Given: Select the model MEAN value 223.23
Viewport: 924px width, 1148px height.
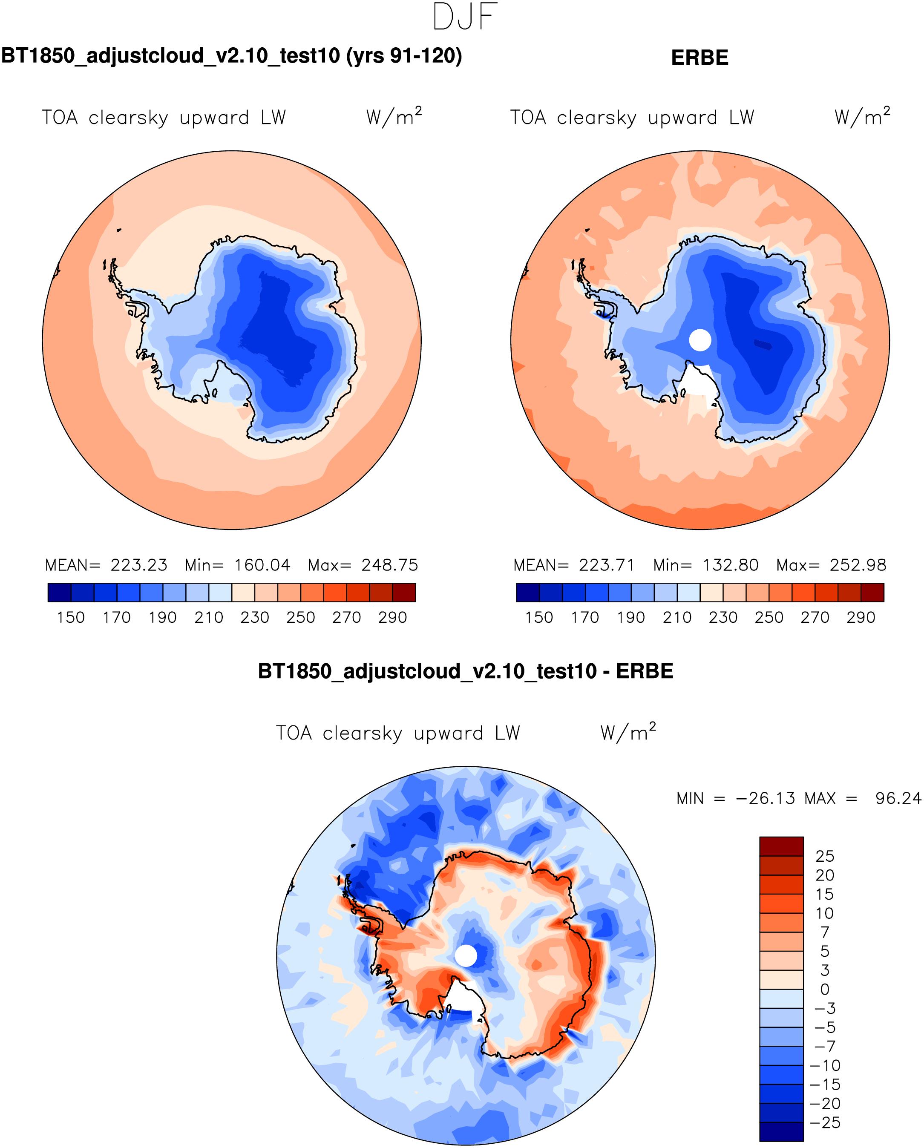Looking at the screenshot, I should point(139,565).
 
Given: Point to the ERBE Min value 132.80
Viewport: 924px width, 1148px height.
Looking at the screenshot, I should point(730,565).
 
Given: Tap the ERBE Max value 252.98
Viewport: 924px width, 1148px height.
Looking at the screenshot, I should point(858,565).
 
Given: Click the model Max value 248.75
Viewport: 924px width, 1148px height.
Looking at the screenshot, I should point(390,565).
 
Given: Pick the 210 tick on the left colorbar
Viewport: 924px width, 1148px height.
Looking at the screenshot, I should point(209,618).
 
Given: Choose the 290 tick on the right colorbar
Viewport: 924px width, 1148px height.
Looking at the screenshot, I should point(861,618).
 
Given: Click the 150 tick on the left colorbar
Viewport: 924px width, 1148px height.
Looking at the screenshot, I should point(71,618).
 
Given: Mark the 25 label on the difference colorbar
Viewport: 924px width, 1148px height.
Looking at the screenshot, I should point(824,856).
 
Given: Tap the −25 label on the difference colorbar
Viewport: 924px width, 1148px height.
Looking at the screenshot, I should point(824,1122).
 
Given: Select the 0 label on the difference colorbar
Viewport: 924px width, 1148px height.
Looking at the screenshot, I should point(824,989).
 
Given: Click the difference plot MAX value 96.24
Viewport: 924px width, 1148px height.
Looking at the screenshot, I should point(898,799).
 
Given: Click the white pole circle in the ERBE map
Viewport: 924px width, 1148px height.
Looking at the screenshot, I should point(700,340).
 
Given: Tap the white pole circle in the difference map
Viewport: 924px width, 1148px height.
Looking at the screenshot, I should point(466,956).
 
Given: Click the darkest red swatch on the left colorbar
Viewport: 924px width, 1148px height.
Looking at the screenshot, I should point(404,593).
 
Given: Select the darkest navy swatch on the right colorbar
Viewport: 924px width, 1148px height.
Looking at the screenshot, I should point(528,593).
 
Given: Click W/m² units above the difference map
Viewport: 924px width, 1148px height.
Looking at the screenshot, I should point(628,733).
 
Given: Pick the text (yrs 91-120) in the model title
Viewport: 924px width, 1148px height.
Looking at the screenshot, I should point(404,56).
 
